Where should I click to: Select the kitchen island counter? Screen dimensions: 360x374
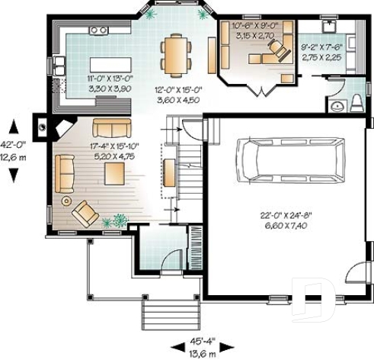coord(107,63)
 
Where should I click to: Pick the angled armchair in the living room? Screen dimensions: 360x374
coord(85,214)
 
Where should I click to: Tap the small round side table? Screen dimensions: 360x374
coord(66,201)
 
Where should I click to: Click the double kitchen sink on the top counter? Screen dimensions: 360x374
coord(97,30)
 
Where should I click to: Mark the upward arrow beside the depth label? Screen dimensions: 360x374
coord(13,124)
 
